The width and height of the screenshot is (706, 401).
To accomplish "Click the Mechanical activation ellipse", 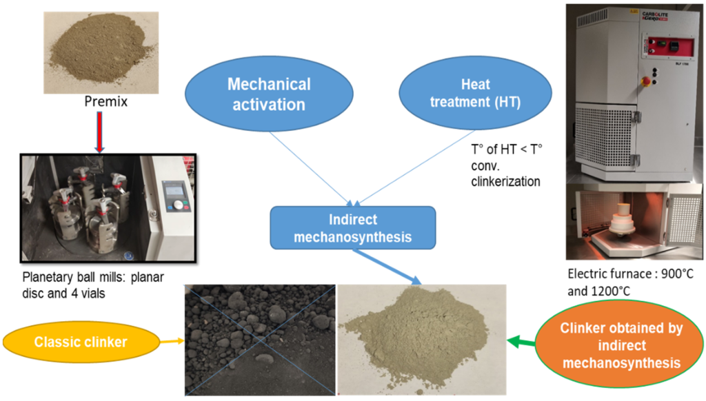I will (269, 94).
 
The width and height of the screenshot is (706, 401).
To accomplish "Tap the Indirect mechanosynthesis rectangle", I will (353, 229).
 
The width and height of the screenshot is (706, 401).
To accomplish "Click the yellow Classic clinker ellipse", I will (82, 341).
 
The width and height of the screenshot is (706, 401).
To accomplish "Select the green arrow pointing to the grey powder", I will (521, 339).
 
